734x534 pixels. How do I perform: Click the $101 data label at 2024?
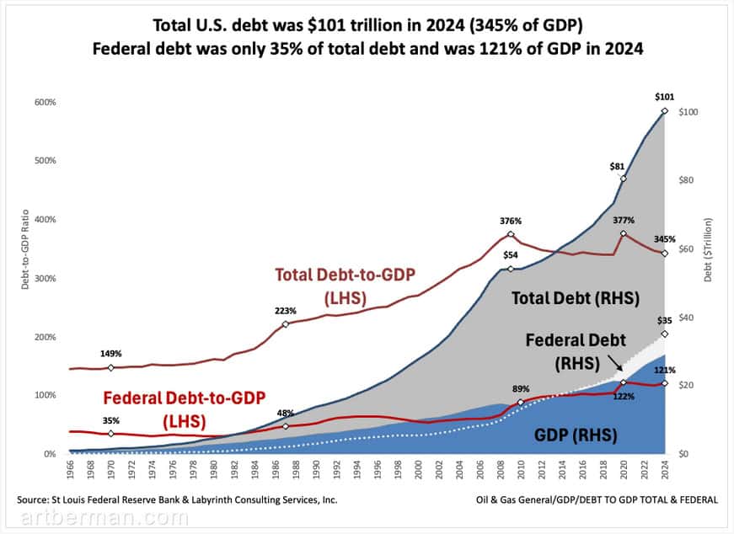coord(664,97)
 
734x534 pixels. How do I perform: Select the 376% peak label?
coord(510,222)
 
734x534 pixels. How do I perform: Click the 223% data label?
coord(286,311)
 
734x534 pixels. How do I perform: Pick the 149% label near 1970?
coord(111,354)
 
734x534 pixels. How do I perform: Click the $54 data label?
coord(511,255)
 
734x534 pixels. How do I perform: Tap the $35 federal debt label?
coord(664,321)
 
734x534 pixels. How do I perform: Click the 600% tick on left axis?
coord(45,103)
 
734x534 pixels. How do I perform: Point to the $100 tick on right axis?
coord(689,112)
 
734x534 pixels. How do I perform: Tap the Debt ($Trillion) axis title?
coord(710,250)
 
